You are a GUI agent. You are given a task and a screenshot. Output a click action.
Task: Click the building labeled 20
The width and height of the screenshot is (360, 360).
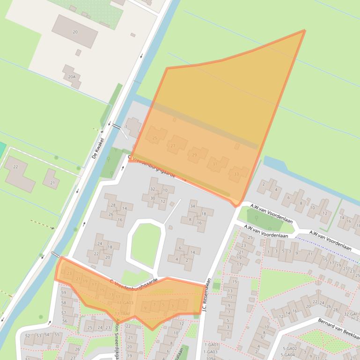pyautogui.click(x=75, y=32)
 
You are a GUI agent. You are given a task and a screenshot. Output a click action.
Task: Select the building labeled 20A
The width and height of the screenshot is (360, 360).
pyautogui.click(x=72, y=77)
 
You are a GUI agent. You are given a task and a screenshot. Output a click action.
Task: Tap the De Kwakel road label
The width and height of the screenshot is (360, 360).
pyautogui.click(x=98, y=148)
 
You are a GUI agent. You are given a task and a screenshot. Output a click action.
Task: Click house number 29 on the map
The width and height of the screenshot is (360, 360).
pyautogui.click(x=195, y=155)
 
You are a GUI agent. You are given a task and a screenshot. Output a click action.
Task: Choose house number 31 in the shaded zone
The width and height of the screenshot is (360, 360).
pyautogui.click(x=215, y=164)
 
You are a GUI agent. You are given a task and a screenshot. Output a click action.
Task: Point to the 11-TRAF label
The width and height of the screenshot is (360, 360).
pyautogui.click(x=122, y=313)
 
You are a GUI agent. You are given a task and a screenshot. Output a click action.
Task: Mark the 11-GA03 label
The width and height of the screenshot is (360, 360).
pyautogui.click(x=125, y=303)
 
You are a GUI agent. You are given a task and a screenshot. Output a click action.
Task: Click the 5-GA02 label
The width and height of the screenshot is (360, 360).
pyautogui.click(x=289, y=349)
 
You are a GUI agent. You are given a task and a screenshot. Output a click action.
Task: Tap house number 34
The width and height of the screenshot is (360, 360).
pyautogui.click(x=192, y=206)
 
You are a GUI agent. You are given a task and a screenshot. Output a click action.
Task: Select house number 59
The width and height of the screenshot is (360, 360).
pyautogui.click(x=64, y=293)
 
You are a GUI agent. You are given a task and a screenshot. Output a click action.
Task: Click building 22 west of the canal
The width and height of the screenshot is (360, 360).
pyautogui.click(x=15, y=167)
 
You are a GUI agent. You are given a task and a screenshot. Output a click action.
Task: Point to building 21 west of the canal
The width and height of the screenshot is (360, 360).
pyautogui.click(x=52, y=183)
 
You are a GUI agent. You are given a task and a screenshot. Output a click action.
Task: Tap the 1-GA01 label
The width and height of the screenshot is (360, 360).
pyautogui.click(x=211, y=345)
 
